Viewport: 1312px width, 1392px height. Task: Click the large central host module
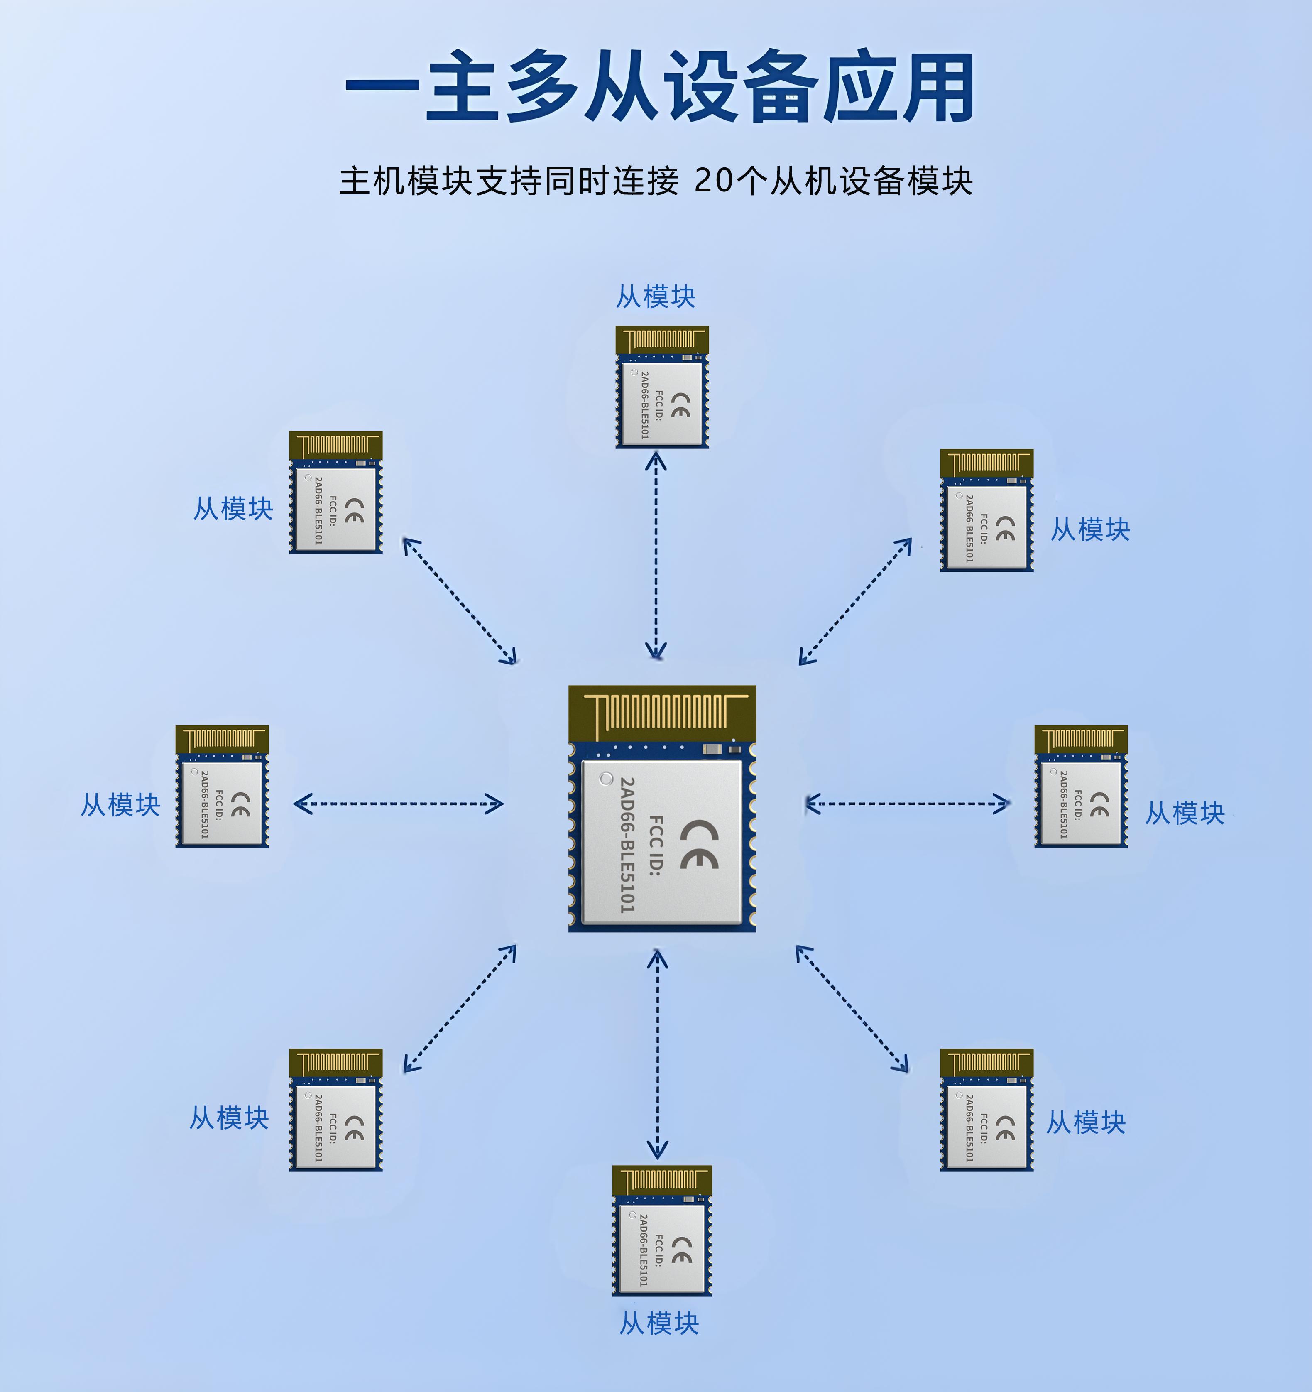661,809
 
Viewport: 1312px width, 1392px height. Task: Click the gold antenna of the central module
661,713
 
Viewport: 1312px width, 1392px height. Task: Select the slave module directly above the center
661,387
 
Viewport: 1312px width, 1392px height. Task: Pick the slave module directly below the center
661,1230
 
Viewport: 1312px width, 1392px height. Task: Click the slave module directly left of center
222,787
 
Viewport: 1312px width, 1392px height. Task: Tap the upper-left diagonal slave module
335,492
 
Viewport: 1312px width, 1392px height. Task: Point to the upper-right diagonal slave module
986,510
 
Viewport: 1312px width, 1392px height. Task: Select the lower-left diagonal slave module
335,1110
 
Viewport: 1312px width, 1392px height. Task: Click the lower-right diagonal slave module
986,1110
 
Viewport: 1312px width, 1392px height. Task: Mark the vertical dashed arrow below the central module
657,1054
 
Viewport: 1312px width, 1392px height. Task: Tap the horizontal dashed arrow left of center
398,804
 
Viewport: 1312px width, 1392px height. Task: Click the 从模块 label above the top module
655,297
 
